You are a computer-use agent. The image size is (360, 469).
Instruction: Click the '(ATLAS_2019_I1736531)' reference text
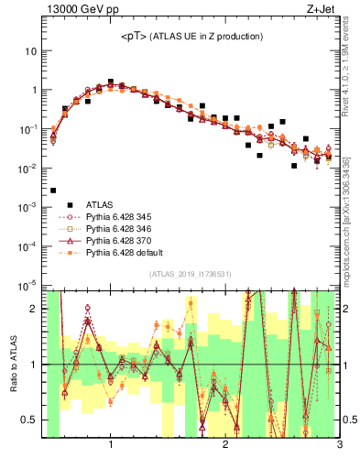pos(190,274)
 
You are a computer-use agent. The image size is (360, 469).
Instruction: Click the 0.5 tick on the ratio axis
pos(31,420)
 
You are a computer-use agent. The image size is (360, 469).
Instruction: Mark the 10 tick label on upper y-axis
pos(30,51)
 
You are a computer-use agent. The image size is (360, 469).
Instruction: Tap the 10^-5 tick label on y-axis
pos(27,287)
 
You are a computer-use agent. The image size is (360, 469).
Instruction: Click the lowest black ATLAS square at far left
pos(53,191)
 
